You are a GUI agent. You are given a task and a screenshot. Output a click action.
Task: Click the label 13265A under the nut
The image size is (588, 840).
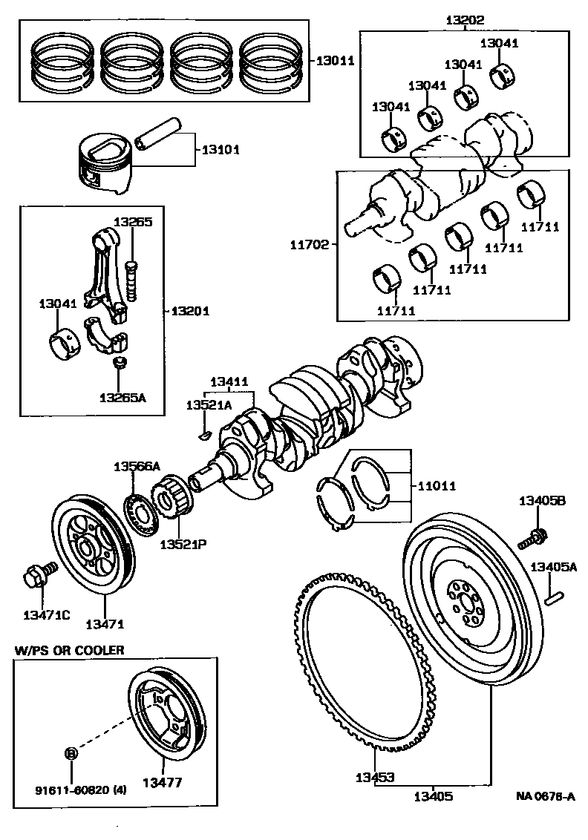click(122, 397)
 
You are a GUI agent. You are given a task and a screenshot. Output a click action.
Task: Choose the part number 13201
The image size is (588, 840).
click(192, 311)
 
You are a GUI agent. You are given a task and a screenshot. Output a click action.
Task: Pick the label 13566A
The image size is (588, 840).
click(136, 466)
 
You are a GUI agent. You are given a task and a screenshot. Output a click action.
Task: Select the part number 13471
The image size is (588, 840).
click(104, 624)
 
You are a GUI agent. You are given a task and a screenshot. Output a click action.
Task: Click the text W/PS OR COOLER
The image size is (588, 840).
click(69, 650)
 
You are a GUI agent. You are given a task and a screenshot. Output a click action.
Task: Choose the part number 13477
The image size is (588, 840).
click(163, 781)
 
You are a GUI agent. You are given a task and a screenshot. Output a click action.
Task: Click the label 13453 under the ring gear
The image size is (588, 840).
click(375, 778)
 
